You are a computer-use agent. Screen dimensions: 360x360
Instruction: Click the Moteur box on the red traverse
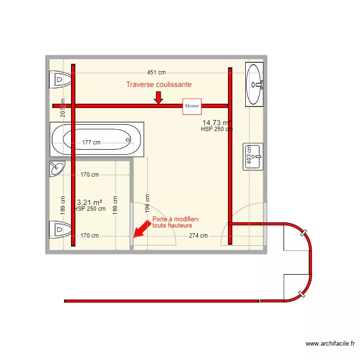pyautogui.click(x=192, y=106)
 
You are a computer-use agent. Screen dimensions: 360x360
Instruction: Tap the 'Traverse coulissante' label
pyautogui.click(x=159, y=84)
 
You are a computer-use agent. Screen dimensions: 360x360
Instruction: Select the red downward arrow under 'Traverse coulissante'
pyautogui.click(x=158, y=97)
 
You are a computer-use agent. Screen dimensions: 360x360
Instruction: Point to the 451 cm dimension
pyautogui.click(x=156, y=72)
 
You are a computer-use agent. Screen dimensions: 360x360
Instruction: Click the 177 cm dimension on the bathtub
pyautogui.click(x=91, y=143)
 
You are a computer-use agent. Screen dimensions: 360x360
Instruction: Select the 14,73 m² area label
pyautogui.click(x=216, y=123)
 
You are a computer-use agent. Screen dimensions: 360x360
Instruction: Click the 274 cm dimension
pyautogui.click(x=198, y=236)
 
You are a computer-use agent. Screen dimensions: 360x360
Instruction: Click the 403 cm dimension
pyautogui.click(x=249, y=156)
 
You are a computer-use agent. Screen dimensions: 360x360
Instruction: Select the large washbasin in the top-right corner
pyautogui.click(x=254, y=84)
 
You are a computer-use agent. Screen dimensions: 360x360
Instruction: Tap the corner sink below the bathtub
pyautogui.click(x=57, y=168)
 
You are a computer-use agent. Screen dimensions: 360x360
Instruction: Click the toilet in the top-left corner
pyautogui.click(x=60, y=79)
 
